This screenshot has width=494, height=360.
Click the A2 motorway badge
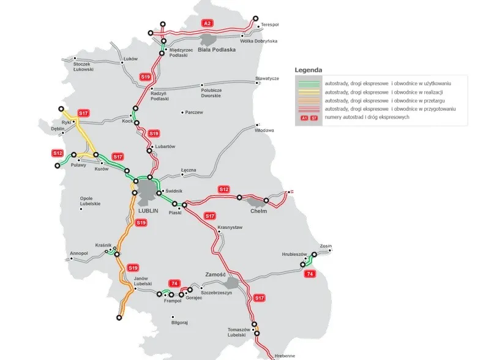208,23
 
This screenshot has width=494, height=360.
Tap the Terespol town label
269,25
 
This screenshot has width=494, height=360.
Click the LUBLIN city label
148,210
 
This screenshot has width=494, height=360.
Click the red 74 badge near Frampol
175,283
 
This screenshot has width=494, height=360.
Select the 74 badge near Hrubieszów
311,274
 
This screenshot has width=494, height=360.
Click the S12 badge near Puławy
58,152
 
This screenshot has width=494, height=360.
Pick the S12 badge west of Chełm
224,190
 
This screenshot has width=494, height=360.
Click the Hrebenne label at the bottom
285,355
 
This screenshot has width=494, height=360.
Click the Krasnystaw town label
230,227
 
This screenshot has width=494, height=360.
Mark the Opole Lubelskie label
90,201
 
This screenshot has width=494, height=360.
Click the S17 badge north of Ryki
84,113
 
